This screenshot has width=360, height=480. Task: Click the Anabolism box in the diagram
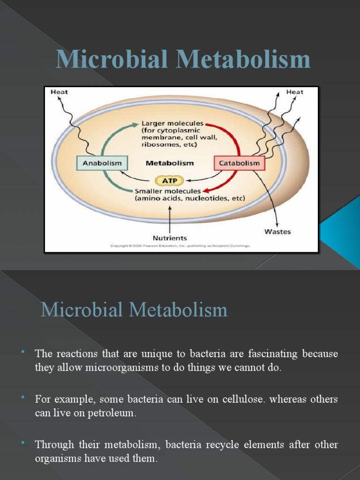(102, 163)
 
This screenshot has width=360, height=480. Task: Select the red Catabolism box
(240, 163)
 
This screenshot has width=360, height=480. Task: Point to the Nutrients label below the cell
(170, 238)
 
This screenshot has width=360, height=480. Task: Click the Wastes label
(277, 232)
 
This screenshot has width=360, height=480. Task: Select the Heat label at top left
(59, 92)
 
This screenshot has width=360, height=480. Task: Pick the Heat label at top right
(294, 92)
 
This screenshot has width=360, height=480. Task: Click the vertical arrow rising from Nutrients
(170, 218)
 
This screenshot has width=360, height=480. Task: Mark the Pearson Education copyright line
(180, 246)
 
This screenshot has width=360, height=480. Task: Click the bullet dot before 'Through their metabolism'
(22, 442)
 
